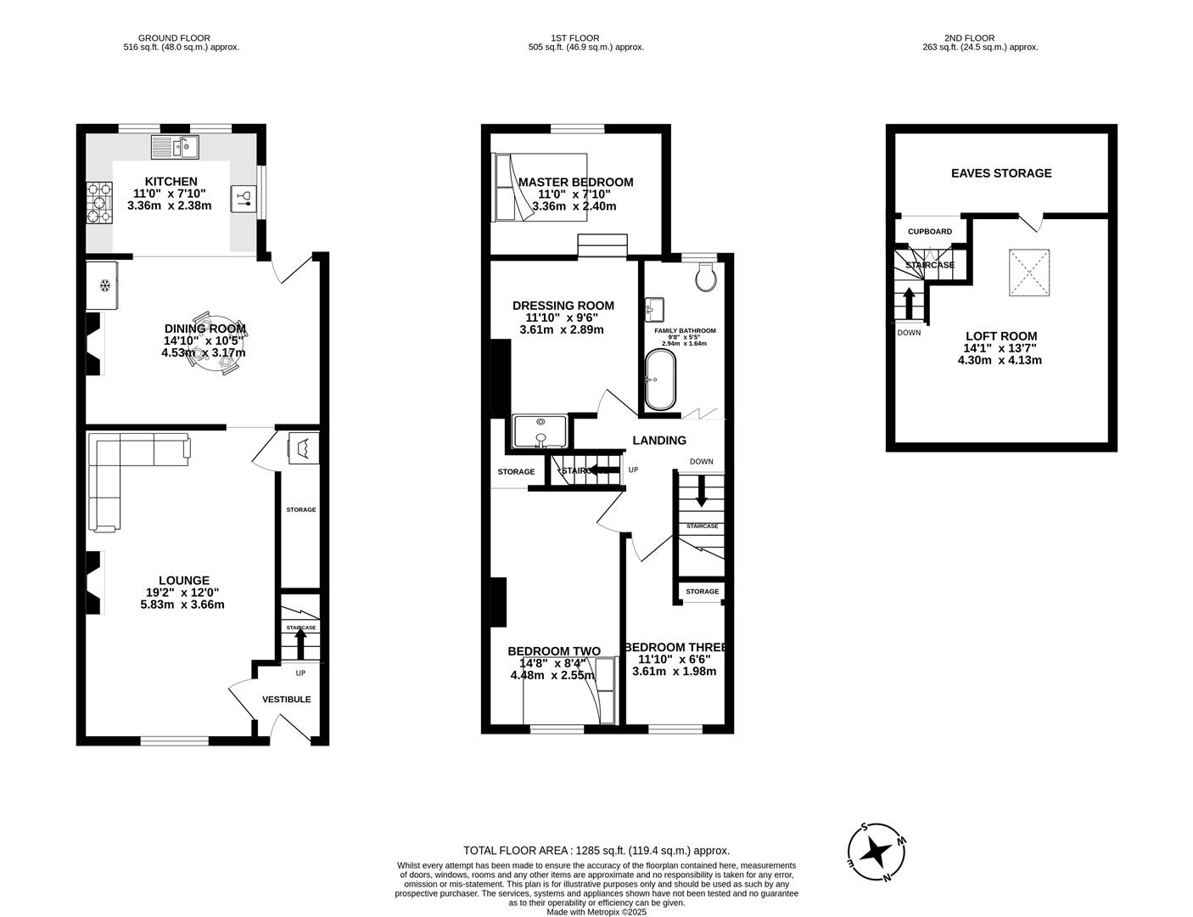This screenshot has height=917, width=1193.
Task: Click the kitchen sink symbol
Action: (175, 148)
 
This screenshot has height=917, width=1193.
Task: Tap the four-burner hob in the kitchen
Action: (99, 203)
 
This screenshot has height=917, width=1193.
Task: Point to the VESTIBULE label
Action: (286, 700)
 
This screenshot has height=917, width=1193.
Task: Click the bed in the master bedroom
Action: (540, 188)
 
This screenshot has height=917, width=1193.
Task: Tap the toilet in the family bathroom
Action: (704, 278)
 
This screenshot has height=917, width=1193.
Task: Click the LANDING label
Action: (659, 440)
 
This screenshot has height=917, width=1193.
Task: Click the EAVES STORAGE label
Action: (1001, 173)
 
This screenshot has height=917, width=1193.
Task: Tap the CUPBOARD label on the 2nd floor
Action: (930, 231)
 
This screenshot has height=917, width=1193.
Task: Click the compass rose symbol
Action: (876, 852)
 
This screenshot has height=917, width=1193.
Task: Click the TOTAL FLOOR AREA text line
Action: (596, 850)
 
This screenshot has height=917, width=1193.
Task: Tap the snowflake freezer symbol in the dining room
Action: (105, 285)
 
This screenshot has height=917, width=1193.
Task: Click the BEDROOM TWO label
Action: (553, 651)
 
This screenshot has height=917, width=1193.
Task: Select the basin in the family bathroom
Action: (654, 307)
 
